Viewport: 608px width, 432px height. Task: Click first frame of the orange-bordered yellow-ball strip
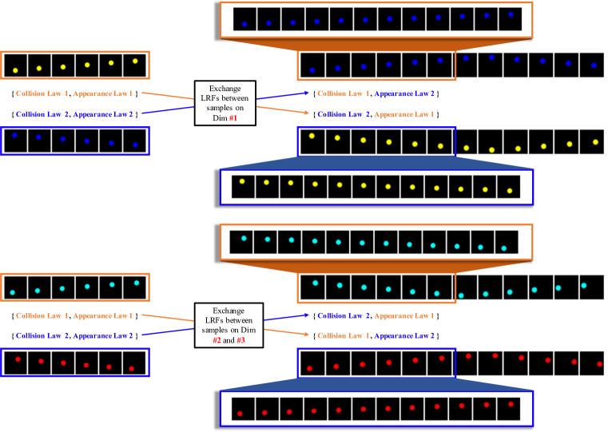point(14,65)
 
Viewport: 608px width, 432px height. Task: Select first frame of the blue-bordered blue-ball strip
point(14,140)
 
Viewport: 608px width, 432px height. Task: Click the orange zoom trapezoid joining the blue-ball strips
point(376,45)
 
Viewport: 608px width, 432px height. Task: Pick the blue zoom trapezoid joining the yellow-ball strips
point(376,163)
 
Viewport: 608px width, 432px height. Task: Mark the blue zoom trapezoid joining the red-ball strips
point(376,382)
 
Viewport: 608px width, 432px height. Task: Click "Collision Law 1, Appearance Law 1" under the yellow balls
point(76,93)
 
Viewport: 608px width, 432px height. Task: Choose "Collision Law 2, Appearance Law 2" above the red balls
point(76,335)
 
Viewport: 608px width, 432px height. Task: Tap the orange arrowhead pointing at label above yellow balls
point(307,113)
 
